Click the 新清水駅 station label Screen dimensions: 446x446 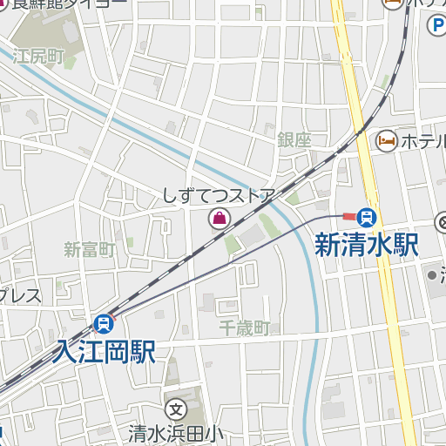[367, 245]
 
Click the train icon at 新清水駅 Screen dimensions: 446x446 [368, 216]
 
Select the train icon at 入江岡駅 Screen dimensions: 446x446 [104, 325]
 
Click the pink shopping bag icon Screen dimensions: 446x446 [220, 219]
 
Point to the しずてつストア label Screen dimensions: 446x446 [220, 196]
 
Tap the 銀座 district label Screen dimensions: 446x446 [294, 139]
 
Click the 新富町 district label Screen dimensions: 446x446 [90, 250]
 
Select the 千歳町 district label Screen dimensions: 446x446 [245, 328]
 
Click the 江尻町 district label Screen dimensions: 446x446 [39, 57]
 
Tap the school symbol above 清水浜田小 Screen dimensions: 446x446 [176, 409]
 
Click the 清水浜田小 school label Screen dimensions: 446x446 [176, 431]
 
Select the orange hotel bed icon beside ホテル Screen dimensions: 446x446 [386, 140]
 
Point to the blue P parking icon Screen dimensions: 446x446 [436, 26]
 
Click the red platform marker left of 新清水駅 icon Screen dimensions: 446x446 [348, 216]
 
